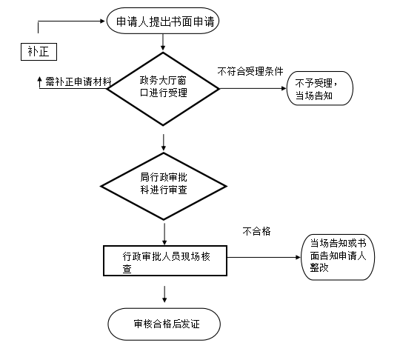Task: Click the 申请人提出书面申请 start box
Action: click(163, 21)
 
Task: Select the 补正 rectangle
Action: click(39, 52)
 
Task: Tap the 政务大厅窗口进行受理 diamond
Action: click(163, 89)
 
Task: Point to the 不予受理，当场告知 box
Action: click(320, 88)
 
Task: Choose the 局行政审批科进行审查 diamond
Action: click(164, 186)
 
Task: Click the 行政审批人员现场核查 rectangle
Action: click(165, 261)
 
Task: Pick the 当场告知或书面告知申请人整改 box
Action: click(338, 257)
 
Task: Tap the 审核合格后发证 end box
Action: click(164, 324)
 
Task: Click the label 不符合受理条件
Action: click(250, 71)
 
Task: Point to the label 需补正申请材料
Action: click(79, 82)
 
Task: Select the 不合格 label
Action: click(256, 231)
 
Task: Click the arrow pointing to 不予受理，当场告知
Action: click(253, 89)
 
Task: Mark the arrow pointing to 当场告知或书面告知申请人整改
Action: click(264, 257)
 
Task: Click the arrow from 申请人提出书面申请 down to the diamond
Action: click(163, 42)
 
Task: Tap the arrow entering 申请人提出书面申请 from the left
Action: click(71, 21)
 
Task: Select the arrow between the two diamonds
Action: click(164, 142)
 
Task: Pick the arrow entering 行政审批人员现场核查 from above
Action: click(164, 234)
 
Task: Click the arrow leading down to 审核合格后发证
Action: click(164, 294)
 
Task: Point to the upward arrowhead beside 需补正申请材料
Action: click(39, 79)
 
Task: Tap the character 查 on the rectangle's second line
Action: click(127, 269)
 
